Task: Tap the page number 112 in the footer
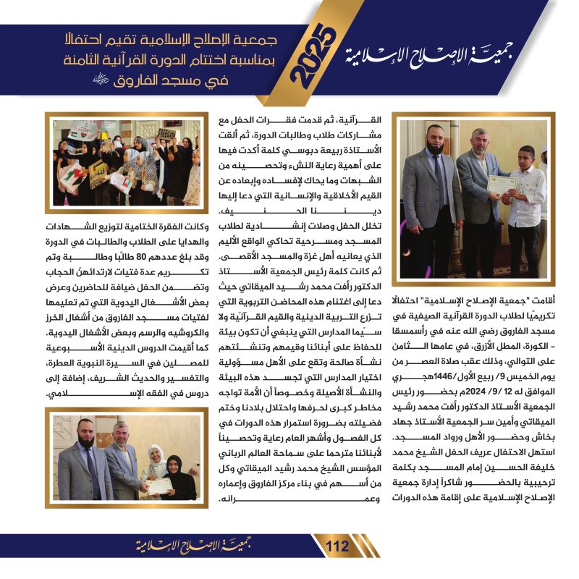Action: pos(337,546)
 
